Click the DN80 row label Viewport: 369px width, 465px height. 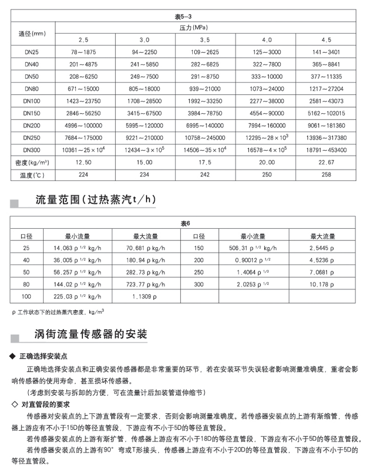(x=32, y=89)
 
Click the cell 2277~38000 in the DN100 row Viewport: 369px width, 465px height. (x=265, y=101)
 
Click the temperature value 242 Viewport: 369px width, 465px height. (x=205, y=175)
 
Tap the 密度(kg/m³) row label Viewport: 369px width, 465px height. (x=32, y=163)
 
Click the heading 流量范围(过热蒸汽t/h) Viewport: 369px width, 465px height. (x=94, y=199)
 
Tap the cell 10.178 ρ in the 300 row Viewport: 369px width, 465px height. (x=322, y=284)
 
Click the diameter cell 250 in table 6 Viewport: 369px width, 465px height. (x=199, y=272)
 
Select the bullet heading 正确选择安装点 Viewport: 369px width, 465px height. (x=47, y=356)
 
